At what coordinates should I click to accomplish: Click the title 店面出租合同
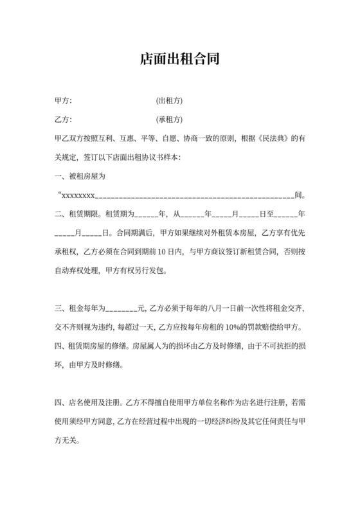[180, 60]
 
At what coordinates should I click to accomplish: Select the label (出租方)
[170, 102]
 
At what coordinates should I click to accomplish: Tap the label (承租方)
[170, 120]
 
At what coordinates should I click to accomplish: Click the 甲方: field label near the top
[64, 102]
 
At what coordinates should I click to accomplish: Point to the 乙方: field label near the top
[64, 120]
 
